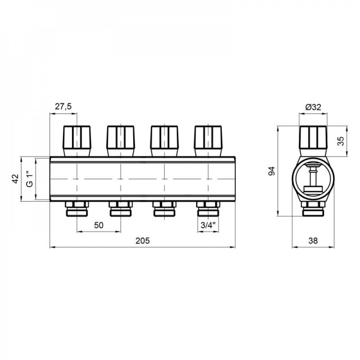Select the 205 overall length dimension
[x=142, y=240]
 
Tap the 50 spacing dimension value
[x=99, y=225]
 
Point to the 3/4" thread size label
[x=208, y=225]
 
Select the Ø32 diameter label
[x=313, y=107]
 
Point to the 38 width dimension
[x=313, y=240]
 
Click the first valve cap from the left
[x=77, y=138]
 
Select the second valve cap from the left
[x=120, y=138]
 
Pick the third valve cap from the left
[x=164, y=138]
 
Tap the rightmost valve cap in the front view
[x=208, y=138]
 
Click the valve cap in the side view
[x=313, y=138]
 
